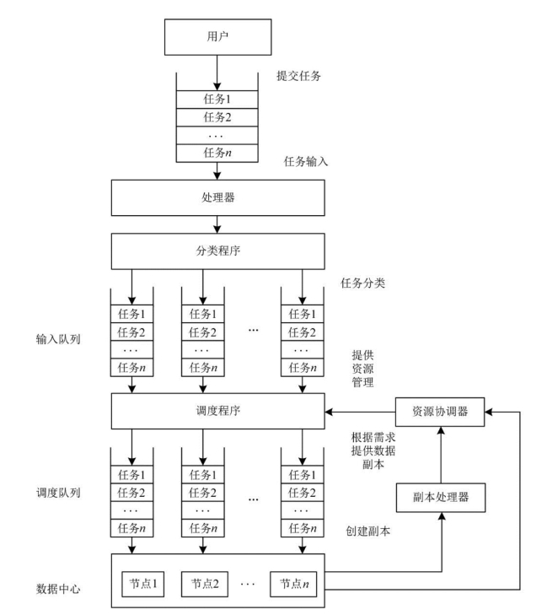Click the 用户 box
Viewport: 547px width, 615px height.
217,37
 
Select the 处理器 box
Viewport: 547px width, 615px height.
217,199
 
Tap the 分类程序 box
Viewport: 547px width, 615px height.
217,250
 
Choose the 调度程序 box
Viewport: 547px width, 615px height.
217,411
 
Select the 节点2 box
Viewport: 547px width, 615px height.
204,583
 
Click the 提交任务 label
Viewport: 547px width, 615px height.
300,75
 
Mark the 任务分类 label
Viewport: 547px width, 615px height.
362,283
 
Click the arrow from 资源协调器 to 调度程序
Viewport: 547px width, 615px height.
360,411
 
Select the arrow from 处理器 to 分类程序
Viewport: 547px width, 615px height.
217,224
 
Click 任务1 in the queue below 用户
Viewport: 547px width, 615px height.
217,98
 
